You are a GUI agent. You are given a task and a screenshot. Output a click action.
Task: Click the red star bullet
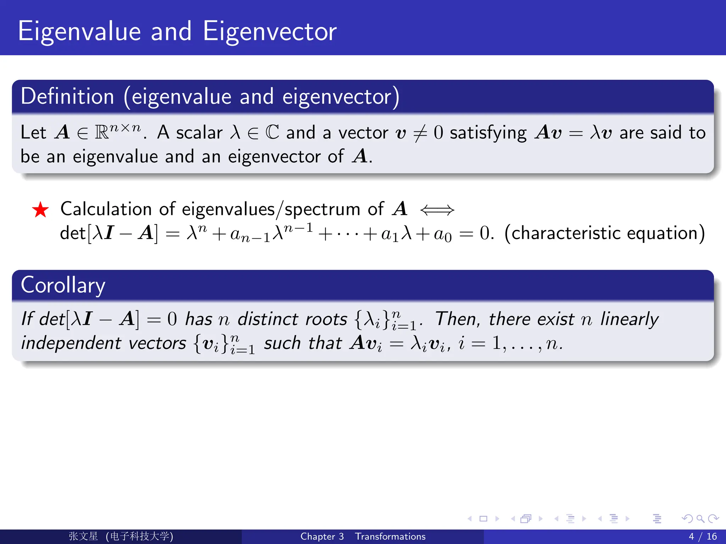pyautogui.click(x=40, y=210)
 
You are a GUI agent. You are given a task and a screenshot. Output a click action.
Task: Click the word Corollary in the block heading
pyautogui.click(x=63, y=285)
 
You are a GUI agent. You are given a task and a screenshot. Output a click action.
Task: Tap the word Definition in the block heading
pyautogui.click(x=67, y=96)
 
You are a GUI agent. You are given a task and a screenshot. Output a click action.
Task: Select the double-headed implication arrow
pyautogui.click(x=437, y=210)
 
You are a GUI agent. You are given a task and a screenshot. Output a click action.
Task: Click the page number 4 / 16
pyautogui.click(x=703, y=537)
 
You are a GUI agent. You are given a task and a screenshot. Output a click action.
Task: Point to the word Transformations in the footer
pyautogui.click(x=390, y=537)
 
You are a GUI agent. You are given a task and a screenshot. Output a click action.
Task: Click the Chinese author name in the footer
pyautogui.click(x=83, y=536)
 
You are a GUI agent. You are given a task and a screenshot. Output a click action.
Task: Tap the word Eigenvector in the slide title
pyautogui.click(x=270, y=32)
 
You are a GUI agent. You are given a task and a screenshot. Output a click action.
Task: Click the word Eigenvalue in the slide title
pyautogui.click(x=80, y=32)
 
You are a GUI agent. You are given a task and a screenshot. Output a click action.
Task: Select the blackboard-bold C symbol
pyautogui.click(x=272, y=132)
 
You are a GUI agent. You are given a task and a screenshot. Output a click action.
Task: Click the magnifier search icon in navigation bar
pyautogui.click(x=700, y=519)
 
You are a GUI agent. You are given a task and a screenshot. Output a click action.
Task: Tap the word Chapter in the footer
pyautogui.click(x=318, y=537)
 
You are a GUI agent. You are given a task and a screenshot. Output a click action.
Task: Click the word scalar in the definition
pyautogui.click(x=199, y=133)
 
